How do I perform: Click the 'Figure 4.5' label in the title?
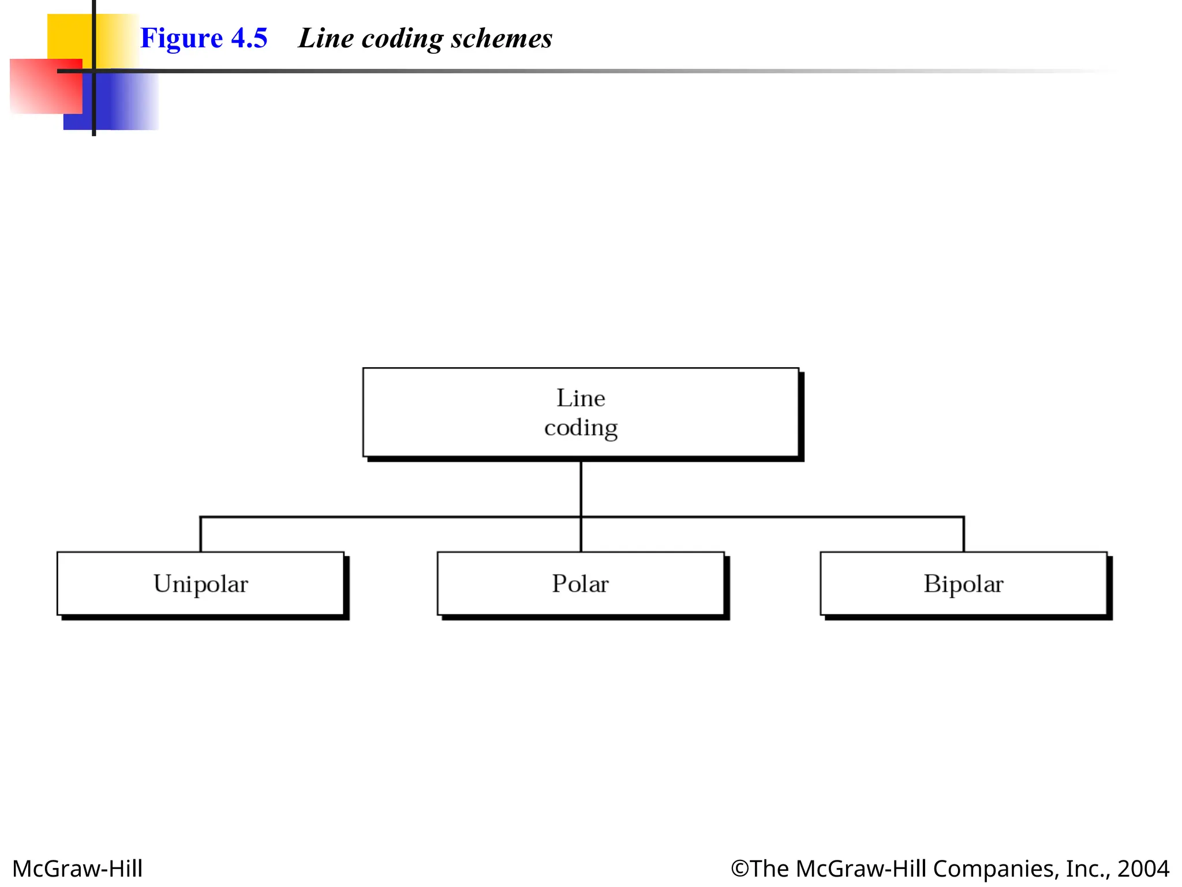point(204,39)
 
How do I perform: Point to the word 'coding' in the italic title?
point(402,40)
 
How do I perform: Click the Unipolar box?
point(201,584)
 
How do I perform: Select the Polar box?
point(581,584)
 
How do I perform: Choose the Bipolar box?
point(963,584)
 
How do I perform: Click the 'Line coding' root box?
point(581,412)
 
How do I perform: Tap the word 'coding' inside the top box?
point(581,428)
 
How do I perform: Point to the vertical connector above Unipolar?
point(200,535)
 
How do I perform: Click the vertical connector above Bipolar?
point(963,535)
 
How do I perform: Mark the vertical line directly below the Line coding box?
point(581,489)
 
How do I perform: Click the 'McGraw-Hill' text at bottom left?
point(77,869)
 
